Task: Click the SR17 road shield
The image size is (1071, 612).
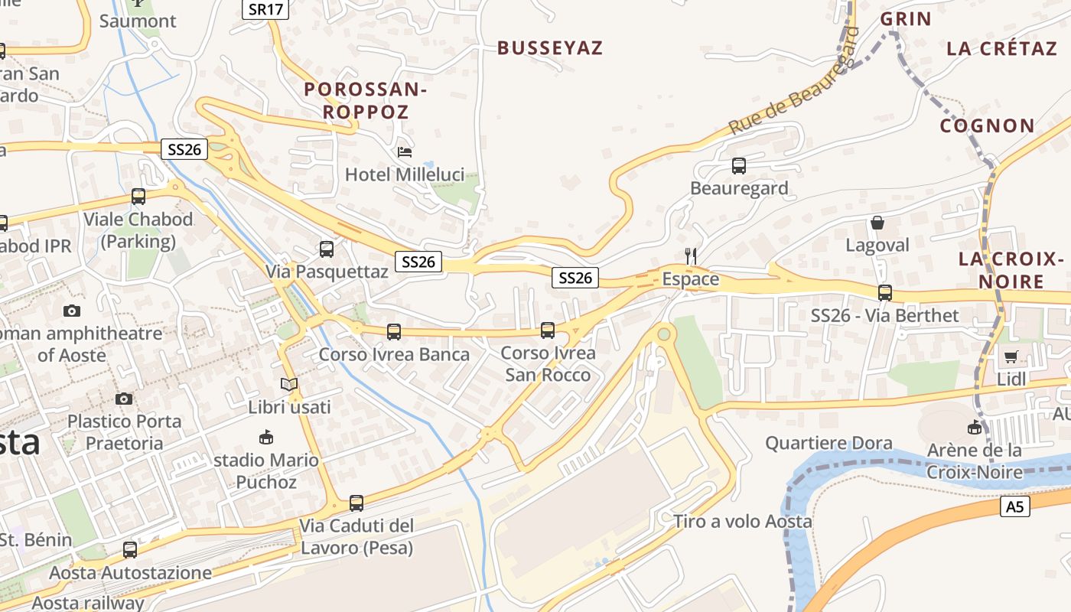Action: [x=265, y=9]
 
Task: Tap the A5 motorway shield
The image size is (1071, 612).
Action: [x=1014, y=506]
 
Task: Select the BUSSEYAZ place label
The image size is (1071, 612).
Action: [x=550, y=48]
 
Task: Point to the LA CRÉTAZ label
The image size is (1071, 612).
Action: [x=1001, y=49]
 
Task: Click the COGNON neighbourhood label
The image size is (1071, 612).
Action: [x=987, y=125]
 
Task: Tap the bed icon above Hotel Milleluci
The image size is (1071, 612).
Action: [x=405, y=151]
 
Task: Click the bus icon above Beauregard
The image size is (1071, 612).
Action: [x=738, y=165]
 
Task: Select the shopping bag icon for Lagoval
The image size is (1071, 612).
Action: [x=877, y=223]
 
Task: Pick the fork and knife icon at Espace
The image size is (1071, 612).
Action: [x=691, y=256]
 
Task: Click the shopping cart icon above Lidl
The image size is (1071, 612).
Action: [x=1011, y=356]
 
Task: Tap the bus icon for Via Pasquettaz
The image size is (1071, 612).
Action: [x=327, y=249]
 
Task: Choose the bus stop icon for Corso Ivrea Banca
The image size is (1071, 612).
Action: [x=394, y=332]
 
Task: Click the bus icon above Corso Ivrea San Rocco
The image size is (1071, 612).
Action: [x=548, y=330]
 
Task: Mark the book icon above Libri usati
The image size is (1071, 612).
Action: [x=288, y=384]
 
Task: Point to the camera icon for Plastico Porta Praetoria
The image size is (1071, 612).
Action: [x=124, y=399]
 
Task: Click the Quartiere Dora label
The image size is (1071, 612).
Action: [x=828, y=443]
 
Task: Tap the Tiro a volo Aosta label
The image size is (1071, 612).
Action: [x=742, y=522]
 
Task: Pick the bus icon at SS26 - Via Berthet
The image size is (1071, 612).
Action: [x=885, y=292]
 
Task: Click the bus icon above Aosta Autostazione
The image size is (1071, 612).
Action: [x=130, y=549]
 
